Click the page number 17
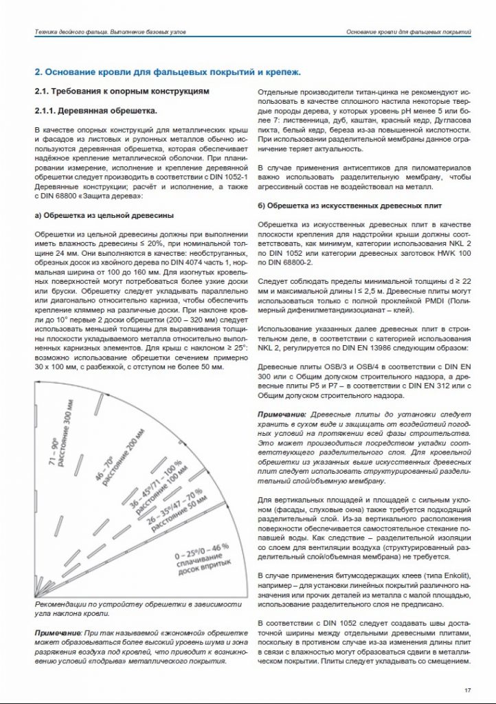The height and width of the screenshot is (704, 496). (467, 690)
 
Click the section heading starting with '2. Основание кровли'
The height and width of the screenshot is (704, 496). (168, 71)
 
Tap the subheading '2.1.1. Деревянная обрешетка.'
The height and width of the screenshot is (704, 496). (95, 111)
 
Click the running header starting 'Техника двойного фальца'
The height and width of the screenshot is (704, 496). (109, 32)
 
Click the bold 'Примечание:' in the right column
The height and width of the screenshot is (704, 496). (282, 417)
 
